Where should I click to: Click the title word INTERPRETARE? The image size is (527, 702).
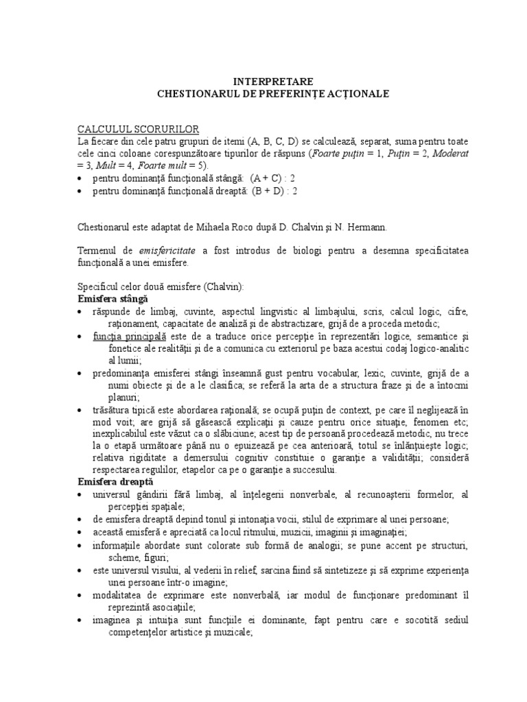tap(263, 81)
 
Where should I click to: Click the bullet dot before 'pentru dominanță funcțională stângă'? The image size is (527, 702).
tap(81, 179)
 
